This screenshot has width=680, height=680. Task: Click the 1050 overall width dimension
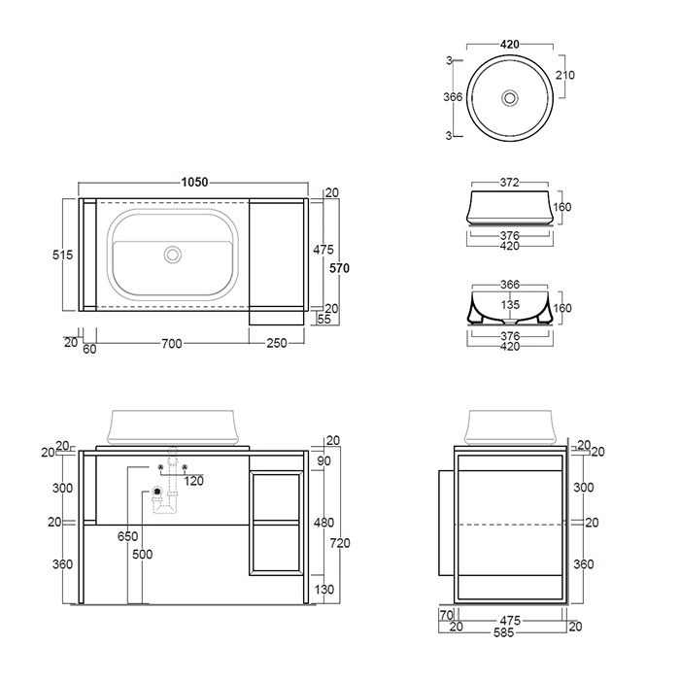click(194, 182)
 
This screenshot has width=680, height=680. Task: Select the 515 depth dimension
click(62, 255)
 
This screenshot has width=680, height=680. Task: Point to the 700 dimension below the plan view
click(171, 343)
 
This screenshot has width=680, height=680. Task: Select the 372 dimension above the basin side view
click(509, 182)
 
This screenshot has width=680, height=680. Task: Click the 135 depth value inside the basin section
click(509, 303)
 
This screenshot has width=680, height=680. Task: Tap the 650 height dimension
click(128, 536)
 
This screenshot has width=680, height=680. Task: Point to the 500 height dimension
click(142, 555)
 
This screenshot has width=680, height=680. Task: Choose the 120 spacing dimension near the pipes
click(194, 481)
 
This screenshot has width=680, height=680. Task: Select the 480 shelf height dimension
click(324, 522)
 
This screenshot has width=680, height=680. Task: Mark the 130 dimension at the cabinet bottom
click(324, 588)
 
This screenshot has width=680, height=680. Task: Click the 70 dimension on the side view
click(446, 615)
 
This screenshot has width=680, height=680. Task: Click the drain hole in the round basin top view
click(510, 98)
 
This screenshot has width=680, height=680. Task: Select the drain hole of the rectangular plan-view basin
click(173, 255)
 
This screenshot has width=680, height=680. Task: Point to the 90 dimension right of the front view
click(324, 459)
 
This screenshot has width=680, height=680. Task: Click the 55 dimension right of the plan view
click(323, 319)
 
